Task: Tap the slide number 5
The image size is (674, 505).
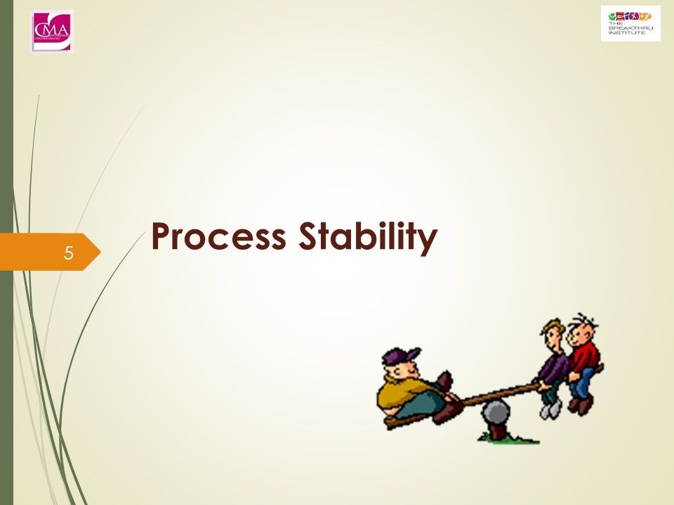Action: pos(68,252)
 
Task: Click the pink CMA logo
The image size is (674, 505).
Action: pos(52,31)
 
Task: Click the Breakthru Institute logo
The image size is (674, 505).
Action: pos(630,24)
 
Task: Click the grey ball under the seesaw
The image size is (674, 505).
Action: pos(496,413)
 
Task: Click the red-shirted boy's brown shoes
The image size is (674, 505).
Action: pos(581,405)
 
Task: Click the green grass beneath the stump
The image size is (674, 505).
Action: pos(509,439)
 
